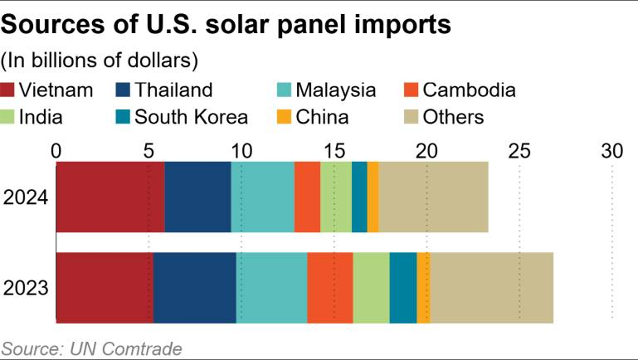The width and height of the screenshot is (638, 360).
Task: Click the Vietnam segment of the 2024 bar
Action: click(x=110, y=197)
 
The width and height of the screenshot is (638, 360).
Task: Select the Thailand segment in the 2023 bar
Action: click(x=194, y=288)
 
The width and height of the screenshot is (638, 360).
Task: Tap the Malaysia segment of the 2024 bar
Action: click(x=262, y=197)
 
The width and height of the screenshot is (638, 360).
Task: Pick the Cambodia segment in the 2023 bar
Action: click(x=329, y=288)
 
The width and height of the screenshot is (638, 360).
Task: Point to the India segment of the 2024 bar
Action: click(x=336, y=197)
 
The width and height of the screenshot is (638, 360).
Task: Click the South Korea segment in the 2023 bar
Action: click(x=402, y=288)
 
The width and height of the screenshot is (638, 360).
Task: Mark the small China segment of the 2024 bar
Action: click(x=373, y=197)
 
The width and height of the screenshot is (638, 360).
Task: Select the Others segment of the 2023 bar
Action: click(x=491, y=288)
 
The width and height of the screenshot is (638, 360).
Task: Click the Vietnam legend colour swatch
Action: click(x=8, y=90)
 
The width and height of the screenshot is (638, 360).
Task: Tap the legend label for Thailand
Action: click(x=173, y=90)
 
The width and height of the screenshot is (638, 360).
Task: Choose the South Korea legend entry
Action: click(x=191, y=116)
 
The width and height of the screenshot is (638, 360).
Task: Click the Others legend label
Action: click(x=453, y=116)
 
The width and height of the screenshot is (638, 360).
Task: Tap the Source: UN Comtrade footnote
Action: click(x=91, y=348)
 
